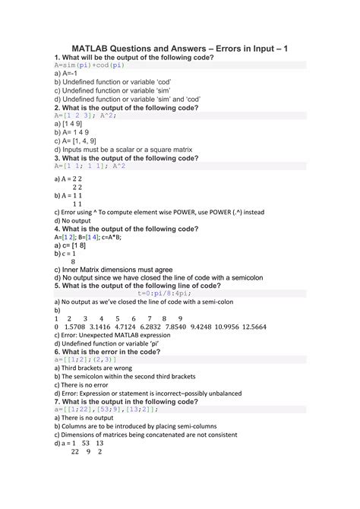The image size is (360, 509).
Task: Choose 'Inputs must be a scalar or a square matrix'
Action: pyautogui.click(x=126, y=149)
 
